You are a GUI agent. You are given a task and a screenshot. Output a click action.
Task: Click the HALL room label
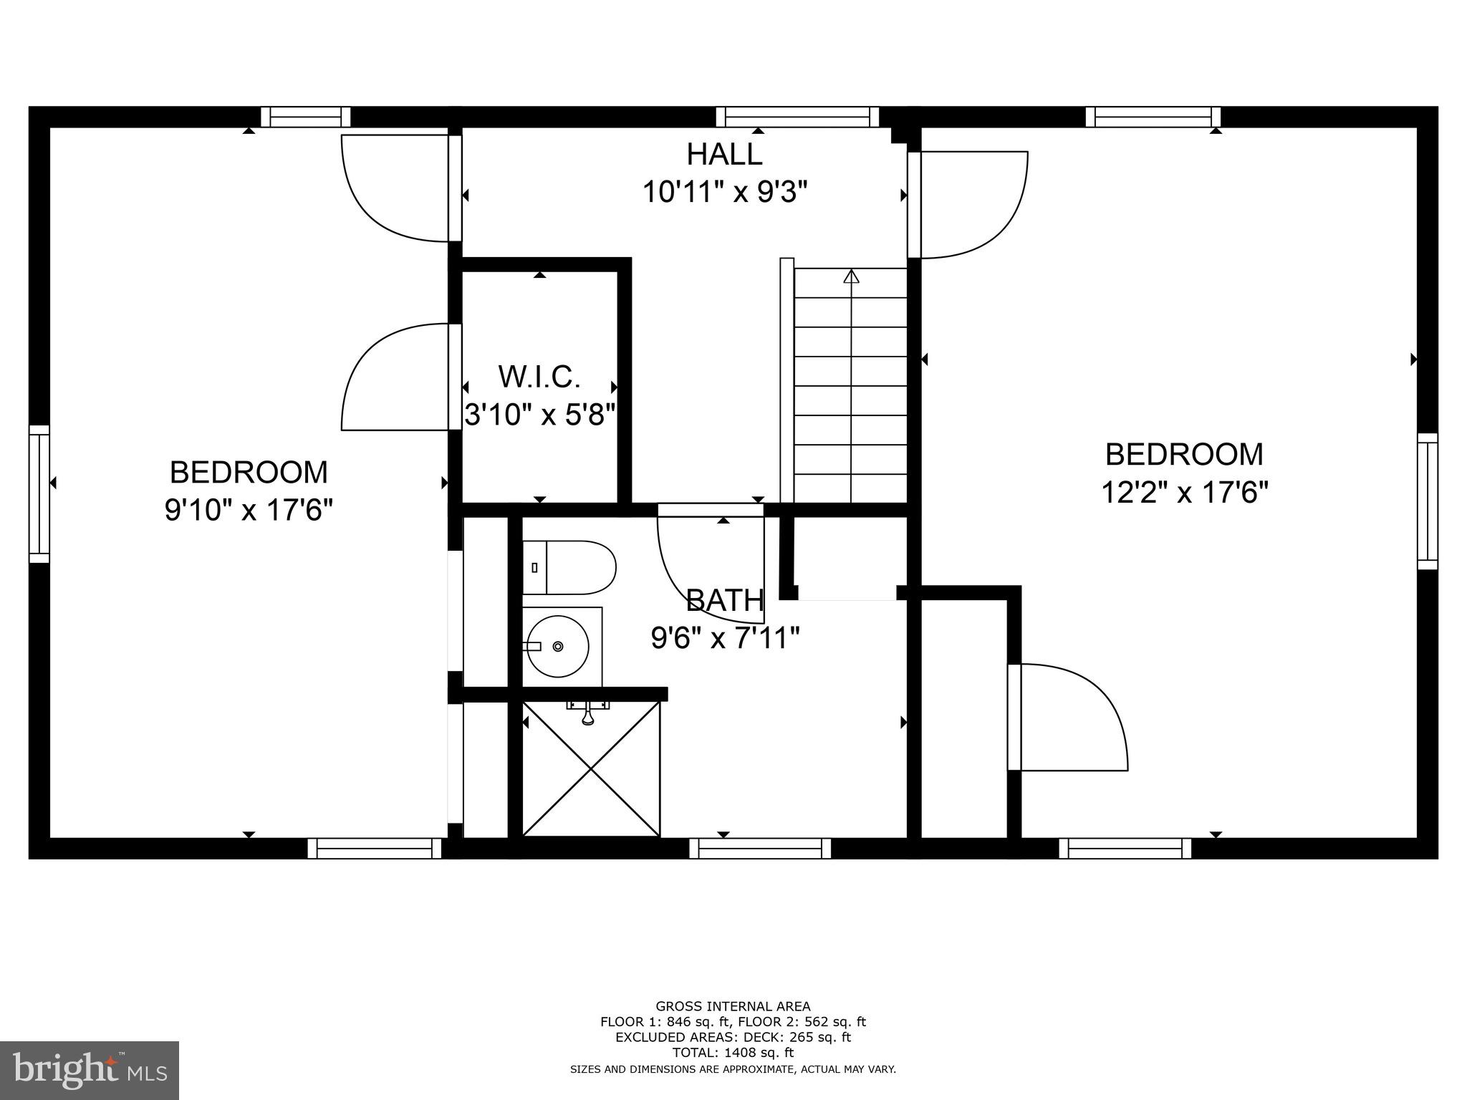tap(724, 155)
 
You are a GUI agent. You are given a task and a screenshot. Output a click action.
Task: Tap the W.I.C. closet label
tap(539, 377)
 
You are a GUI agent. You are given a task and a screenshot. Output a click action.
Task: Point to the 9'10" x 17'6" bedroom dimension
tap(249, 511)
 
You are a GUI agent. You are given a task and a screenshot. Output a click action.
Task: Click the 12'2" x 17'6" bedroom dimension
tap(1184, 493)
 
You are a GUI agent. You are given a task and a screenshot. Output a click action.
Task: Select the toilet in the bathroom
tap(569, 568)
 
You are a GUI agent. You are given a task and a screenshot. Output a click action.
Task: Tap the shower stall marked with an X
tap(590, 768)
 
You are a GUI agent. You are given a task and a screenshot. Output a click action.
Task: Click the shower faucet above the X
tap(588, 713)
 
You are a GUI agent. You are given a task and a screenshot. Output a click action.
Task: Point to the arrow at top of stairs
tap(851, 276)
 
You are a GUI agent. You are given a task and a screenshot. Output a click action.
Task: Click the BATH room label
tap(724, 601)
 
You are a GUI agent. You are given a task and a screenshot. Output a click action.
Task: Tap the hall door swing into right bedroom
tap(971, 204)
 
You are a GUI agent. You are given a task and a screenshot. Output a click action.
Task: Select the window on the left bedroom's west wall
tap(39, 494)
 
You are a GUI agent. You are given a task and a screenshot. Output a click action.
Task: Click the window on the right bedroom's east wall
tap(1428, 501)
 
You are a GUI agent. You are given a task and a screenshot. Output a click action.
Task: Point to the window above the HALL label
tap(797, 117)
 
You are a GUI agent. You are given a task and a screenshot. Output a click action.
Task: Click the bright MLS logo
tap(90, 1070)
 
